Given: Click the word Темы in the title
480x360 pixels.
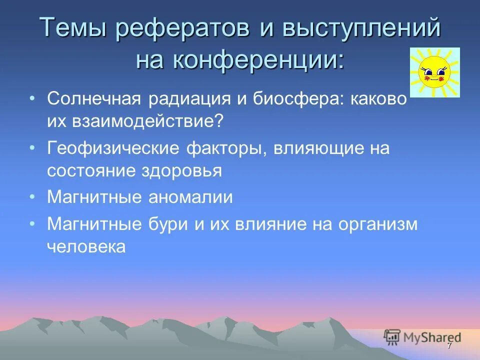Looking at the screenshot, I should pos(73,28).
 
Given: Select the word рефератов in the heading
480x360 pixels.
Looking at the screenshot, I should pos(183,28).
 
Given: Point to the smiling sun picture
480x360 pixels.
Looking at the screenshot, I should pos(434,72).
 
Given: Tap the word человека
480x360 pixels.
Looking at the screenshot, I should pos(85,246).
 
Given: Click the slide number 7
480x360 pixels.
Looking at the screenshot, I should pos(449,346).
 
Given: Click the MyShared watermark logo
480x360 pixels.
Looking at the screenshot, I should pos(422,337).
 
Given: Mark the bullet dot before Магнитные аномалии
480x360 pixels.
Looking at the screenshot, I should pos(32,196).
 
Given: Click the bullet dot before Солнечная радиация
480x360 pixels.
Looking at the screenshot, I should pos(32,98).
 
